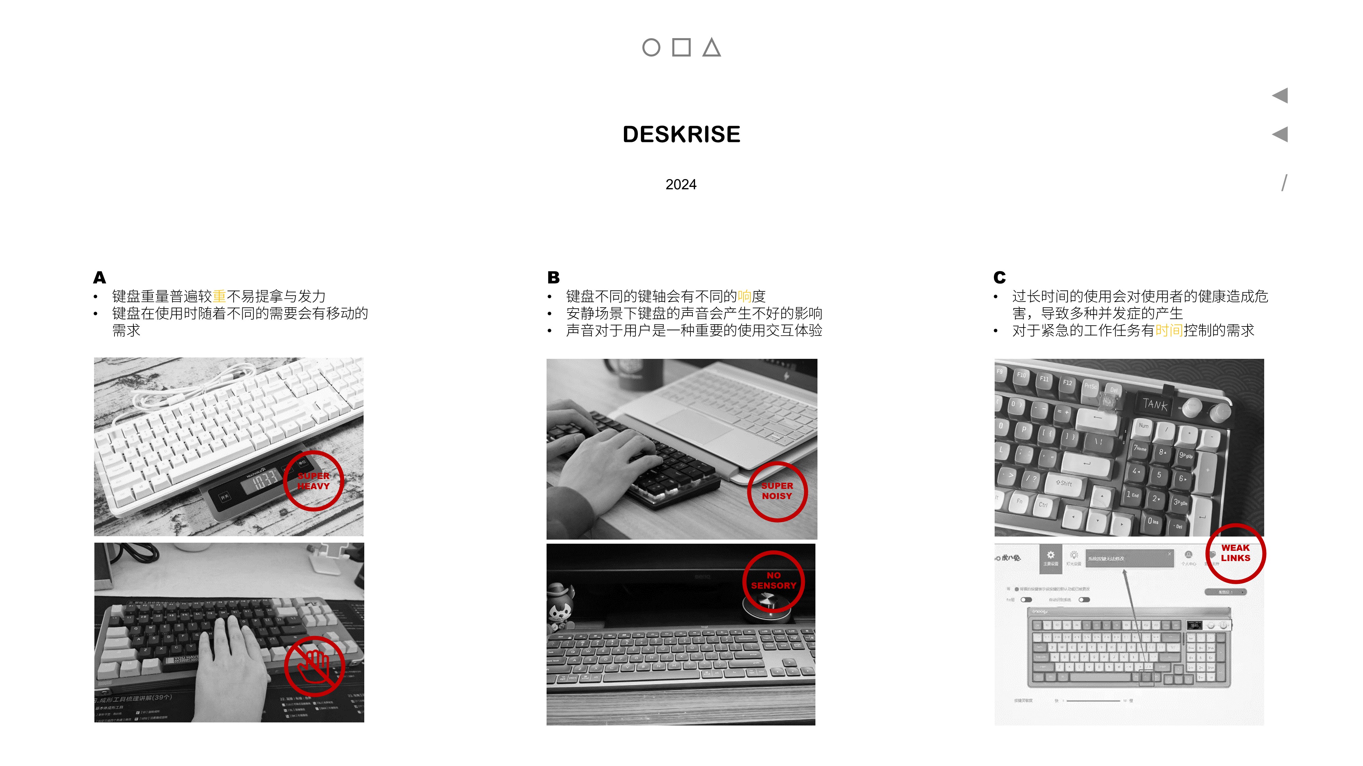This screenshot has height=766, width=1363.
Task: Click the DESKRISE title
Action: click(681, 134)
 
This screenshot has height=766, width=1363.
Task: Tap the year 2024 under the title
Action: click(681, 185)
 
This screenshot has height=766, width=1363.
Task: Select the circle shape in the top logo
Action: click(651, 48)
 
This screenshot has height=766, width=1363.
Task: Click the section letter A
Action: click(99, 277)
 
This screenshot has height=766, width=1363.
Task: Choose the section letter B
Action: click(553, 277)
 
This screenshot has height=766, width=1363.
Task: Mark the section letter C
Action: click(999, 277)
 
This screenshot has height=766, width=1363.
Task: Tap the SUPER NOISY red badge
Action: click(777, 491)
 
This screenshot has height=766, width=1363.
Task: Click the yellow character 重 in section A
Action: click(219, 297)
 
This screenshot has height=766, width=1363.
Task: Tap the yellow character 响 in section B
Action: click(745, 297)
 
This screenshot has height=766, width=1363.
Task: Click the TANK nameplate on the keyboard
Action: click(1154, 404)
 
